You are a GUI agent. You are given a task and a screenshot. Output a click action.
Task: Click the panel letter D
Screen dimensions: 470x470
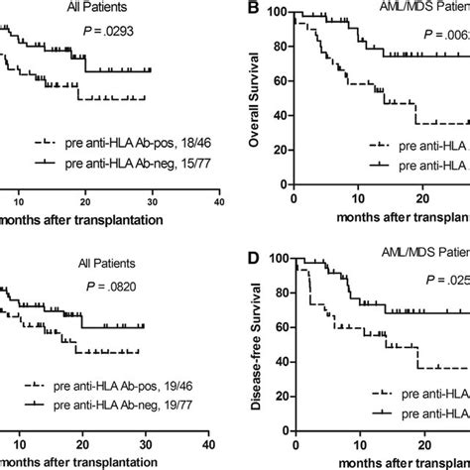254,259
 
